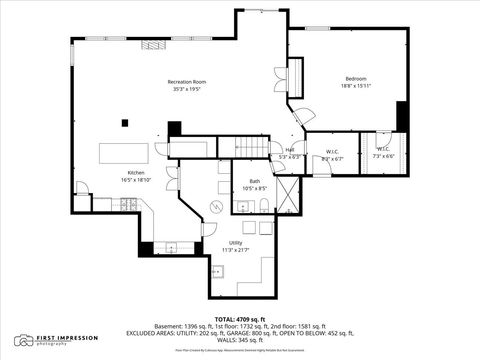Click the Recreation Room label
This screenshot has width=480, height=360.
[x=186, y=81]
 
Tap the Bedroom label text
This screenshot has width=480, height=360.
[x=357, y=78]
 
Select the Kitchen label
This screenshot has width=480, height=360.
[x=136, y=172]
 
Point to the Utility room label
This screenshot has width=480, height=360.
[x=236, y=242]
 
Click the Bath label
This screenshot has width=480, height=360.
[x=255, y=180]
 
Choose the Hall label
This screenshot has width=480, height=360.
[x=290, y=150]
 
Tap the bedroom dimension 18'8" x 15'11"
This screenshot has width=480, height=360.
[x=357, y=86]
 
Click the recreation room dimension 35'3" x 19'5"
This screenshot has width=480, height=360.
[x=186, y=88]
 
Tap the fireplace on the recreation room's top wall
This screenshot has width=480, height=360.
[x=152, y=44]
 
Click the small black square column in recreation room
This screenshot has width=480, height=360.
[x=125, y=124]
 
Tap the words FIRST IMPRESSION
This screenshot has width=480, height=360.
[x=63, y=338]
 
